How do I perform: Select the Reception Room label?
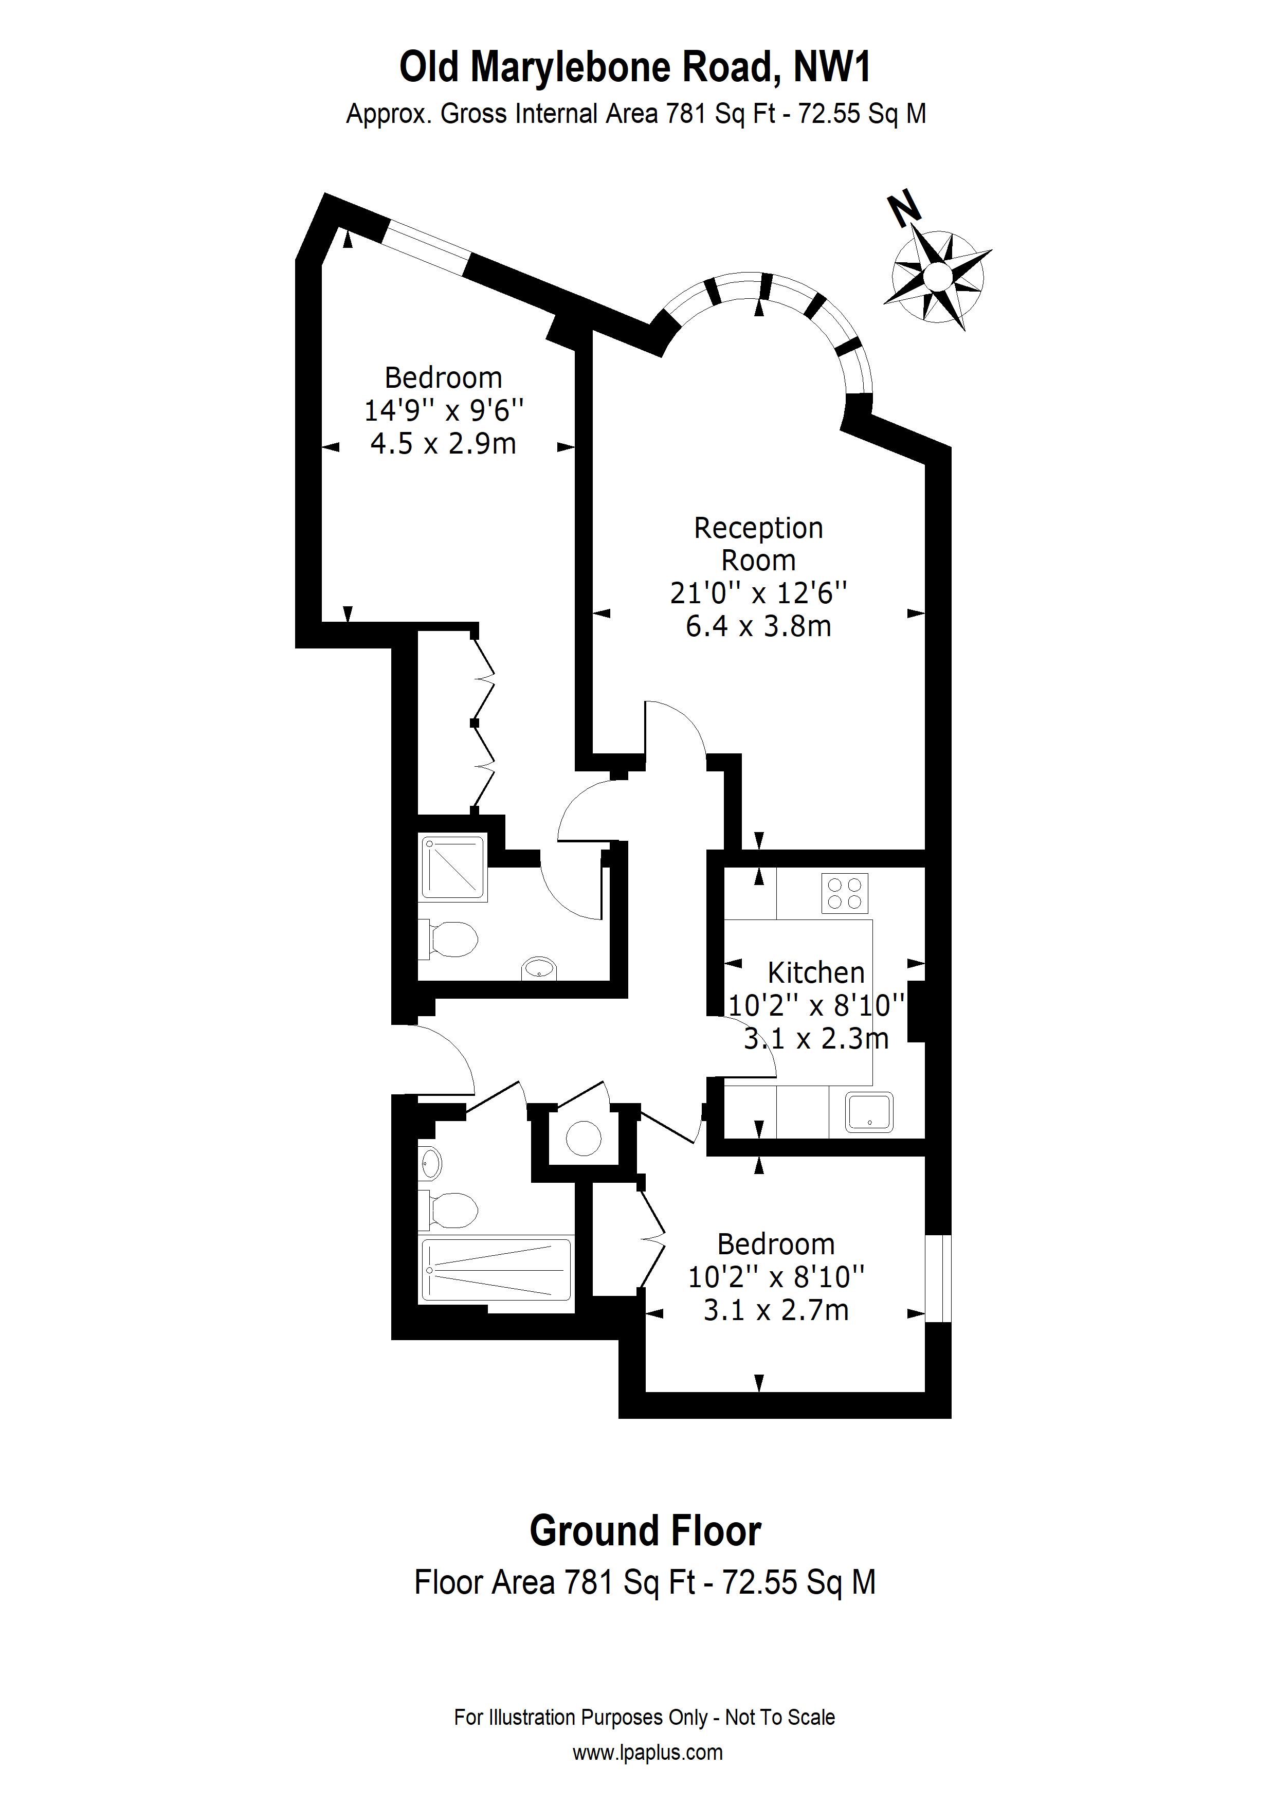coord(758,544)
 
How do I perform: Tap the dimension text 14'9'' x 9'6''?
coord(444,410)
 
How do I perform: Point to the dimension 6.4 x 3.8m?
coord(758,626)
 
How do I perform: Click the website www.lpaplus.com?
coord(647,1752)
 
